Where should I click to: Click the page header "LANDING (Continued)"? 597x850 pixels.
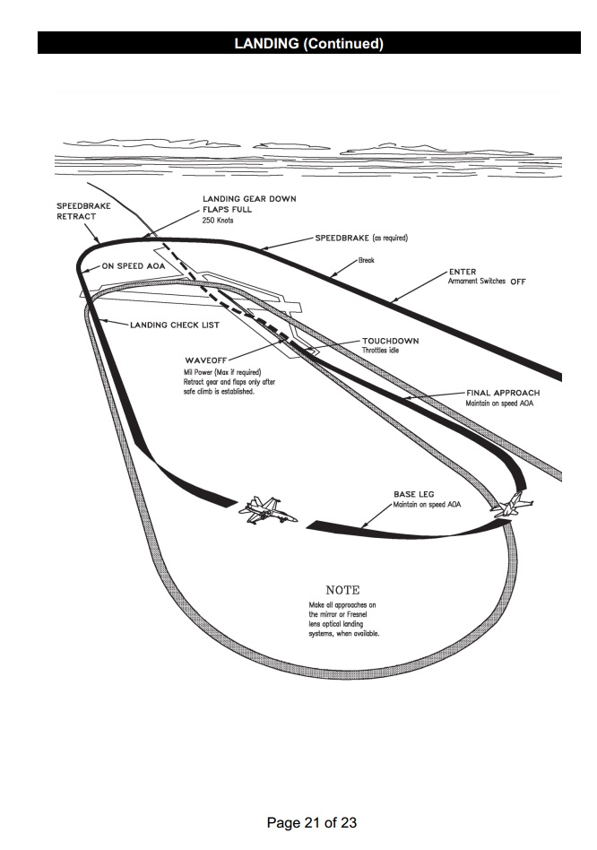308,43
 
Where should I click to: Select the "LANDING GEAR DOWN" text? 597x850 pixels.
249,199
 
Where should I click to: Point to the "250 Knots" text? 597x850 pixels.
218,221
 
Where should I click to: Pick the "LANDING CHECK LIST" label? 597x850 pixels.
175,325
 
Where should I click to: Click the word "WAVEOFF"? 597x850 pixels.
205,360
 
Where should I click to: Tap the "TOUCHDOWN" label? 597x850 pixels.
390,342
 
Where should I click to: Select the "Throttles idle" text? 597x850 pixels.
381,351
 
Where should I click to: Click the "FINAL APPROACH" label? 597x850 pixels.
502,393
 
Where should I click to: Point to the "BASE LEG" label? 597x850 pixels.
415,494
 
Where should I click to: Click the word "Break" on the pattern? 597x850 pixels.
366,260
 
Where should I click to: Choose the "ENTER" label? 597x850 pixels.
463,272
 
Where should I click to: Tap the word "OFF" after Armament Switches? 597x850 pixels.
518,282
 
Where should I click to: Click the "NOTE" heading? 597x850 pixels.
342,590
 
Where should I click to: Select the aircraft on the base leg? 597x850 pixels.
264,511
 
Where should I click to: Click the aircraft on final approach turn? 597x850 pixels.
511,507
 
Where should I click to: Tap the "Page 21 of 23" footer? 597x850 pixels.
312,822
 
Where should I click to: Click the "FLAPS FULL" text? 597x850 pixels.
227,210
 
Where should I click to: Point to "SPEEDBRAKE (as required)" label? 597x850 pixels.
361,238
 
